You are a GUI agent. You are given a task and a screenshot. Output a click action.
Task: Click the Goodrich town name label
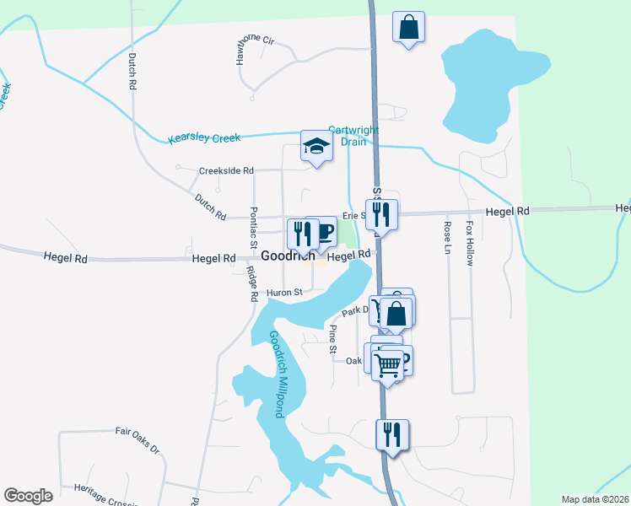point(287,256)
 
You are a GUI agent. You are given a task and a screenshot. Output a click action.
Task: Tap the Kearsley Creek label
point(204,137)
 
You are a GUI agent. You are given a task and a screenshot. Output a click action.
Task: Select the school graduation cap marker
point(316,148)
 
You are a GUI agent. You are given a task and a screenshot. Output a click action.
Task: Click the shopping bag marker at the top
point(408,28)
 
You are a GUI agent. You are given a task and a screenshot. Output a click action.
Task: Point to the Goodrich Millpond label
point(276,374)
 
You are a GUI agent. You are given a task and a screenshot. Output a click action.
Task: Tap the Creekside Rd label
point(226,170)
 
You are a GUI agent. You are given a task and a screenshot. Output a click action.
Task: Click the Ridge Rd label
point(251,284)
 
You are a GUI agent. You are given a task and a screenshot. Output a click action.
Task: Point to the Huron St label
point(284,293)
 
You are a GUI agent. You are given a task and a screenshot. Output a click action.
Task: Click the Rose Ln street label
point(447,237)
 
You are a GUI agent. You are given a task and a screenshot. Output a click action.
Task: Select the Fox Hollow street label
point(470,241)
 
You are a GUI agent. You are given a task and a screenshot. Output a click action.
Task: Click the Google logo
point(29,496)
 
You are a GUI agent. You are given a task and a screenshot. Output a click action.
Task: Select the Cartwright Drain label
point(353,136)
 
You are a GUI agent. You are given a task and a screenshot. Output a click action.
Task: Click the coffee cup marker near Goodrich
point(325,233)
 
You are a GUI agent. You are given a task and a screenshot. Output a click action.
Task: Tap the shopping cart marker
point(387,365)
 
